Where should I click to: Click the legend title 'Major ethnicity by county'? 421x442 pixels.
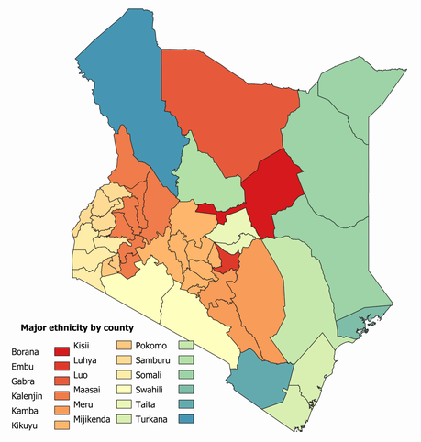pos(72,327)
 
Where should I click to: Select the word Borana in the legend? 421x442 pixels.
pos(25,352)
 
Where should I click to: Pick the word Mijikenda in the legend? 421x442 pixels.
pos(93,420)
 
